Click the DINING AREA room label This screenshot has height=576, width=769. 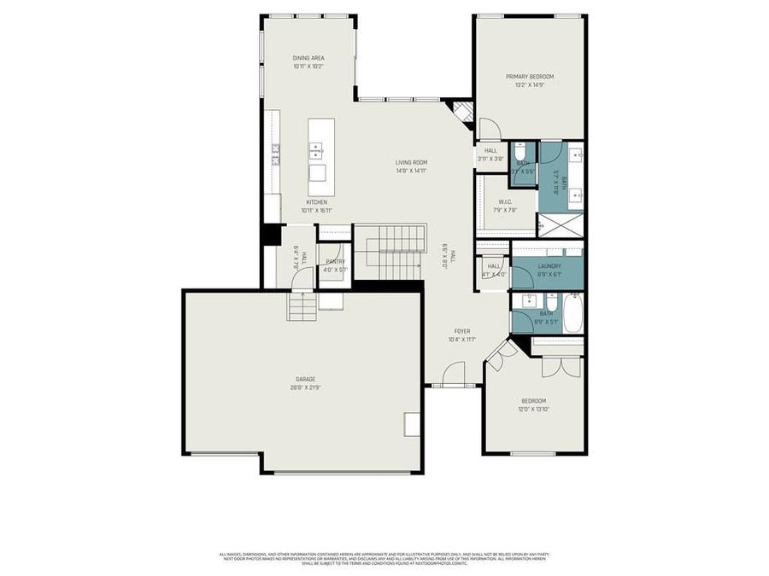tap(308, 58)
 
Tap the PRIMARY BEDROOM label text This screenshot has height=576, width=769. tap(530, 77)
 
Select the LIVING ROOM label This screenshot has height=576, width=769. tap(411, 162)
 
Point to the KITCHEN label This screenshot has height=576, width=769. tap(316, 201)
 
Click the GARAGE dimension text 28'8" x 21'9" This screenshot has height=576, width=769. tap(306, 387)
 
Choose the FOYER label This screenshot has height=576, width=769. tap(461, 331)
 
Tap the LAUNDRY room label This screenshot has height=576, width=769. tap(549, 266)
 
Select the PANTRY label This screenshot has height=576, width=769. tap(335, 261)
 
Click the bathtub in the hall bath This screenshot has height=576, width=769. tap(572, 312)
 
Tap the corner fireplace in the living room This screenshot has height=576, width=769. tap(462, 111)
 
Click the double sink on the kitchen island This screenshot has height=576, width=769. tap(316, 151)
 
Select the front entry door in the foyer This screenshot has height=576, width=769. tap(453, 374)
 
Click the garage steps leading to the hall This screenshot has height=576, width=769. tap(302, 305)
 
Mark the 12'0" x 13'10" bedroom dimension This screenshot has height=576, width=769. tap(534, 410)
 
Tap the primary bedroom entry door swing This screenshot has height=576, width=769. tap(488, 129)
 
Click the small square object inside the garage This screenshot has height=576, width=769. tap(412, 423)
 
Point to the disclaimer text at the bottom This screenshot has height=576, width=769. tap(384, 558)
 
